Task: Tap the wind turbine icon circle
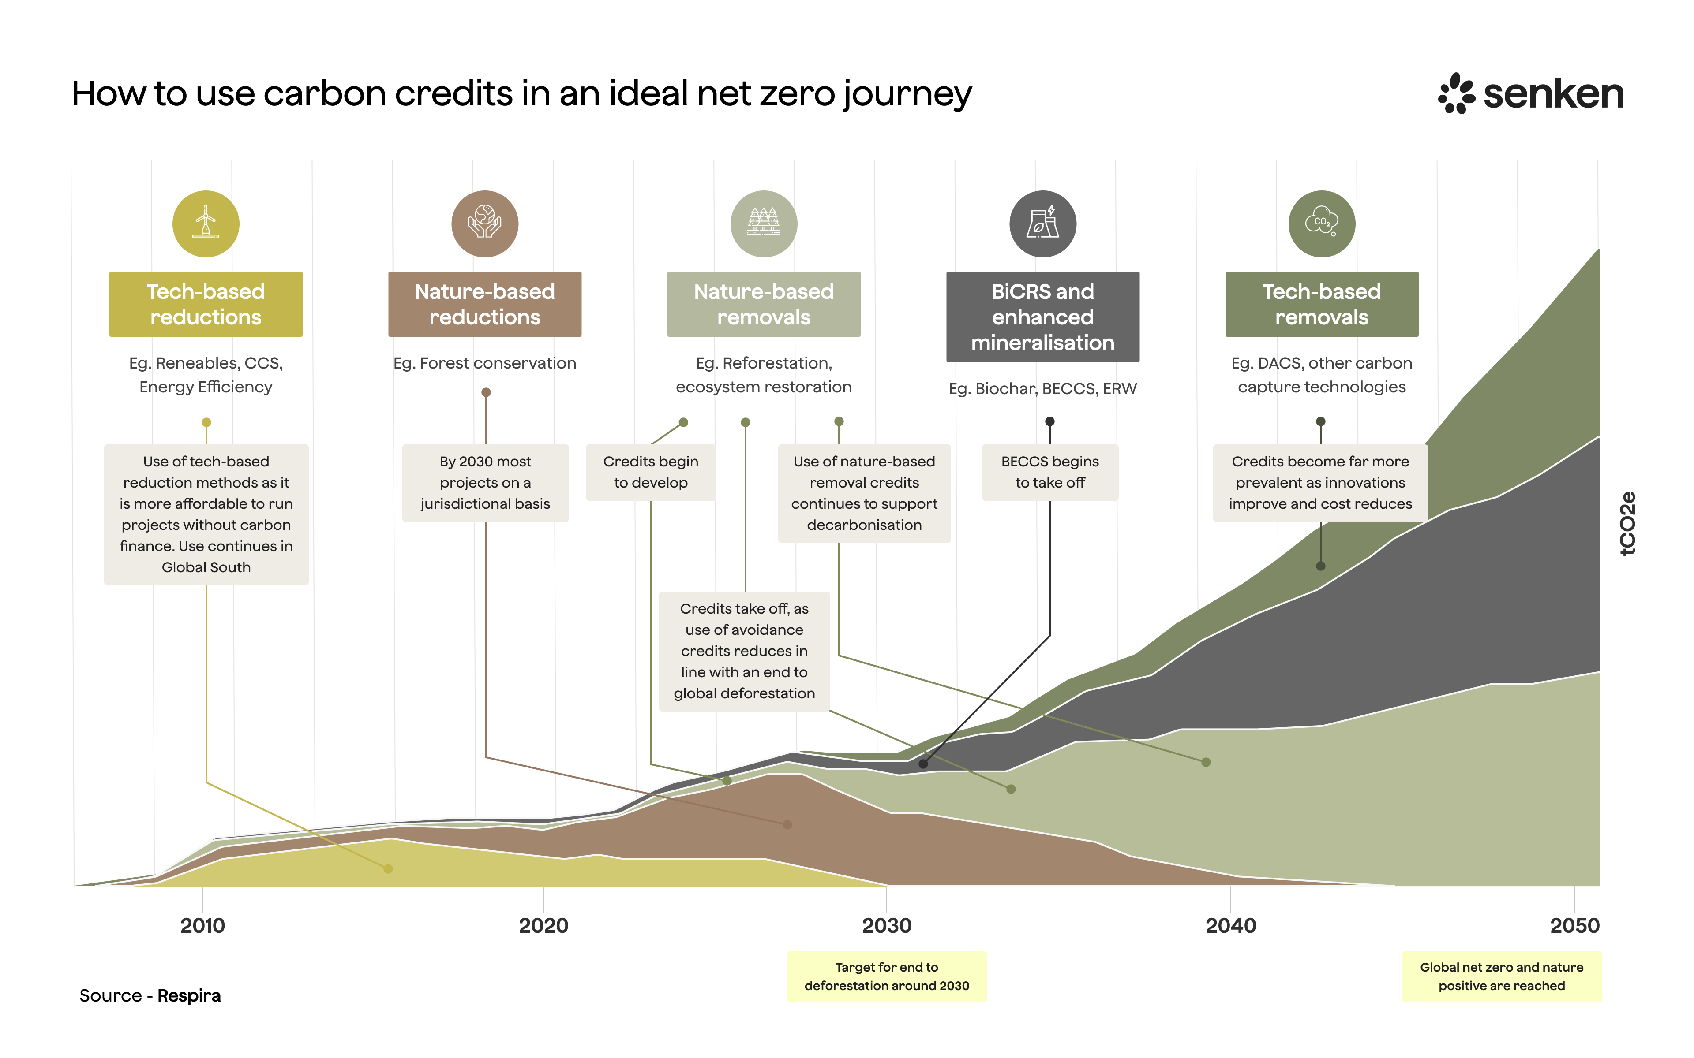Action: click(x=206, y=224)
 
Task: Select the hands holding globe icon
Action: click(x=484, y=224)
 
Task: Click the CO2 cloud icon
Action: click(x=1322, y=224)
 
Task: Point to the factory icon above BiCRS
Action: click(x=1042, y=224)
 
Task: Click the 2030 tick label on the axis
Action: click(x=887, y=926)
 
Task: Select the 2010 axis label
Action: click(x=202, y=926)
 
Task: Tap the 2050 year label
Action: click(x=1574, y=926)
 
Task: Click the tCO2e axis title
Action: click(x=1628, y=523)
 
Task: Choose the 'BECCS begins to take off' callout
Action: click(x=1050, y=472)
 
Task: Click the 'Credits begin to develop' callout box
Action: click(x=650, y=472)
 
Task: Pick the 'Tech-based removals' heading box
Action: click(x=1322, y=304)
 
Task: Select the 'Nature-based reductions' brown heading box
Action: click(x=484, y=304)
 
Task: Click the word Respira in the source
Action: click(x=189, y=996)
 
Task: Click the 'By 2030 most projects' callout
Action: click(x=485, y=483)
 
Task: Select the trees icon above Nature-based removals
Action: click(x=764, y=224)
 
